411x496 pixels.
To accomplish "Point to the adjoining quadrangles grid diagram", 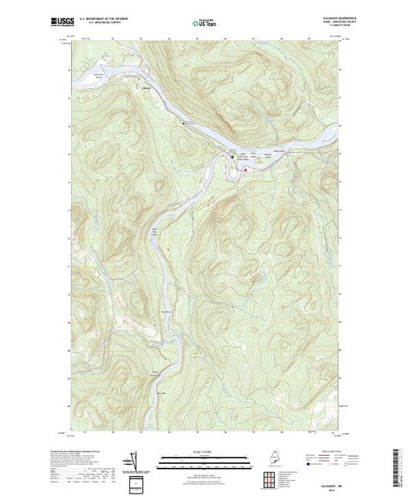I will coord(270,478).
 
